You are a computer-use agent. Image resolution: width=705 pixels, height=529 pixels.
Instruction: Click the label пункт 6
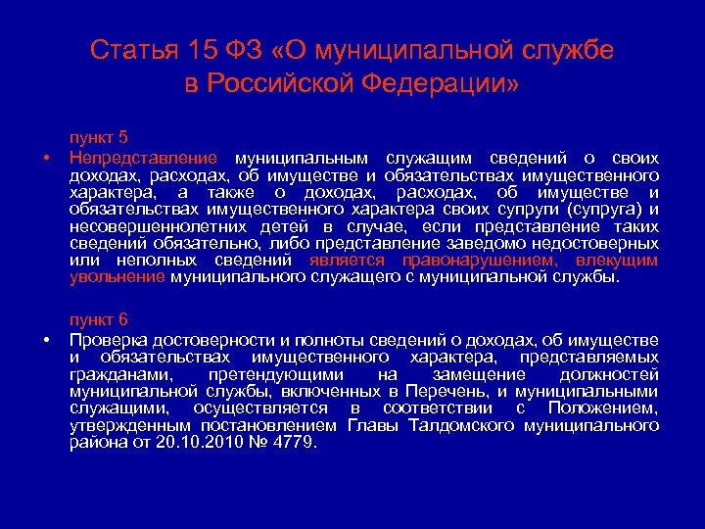98,320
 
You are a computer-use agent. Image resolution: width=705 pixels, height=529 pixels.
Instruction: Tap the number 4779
296,442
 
